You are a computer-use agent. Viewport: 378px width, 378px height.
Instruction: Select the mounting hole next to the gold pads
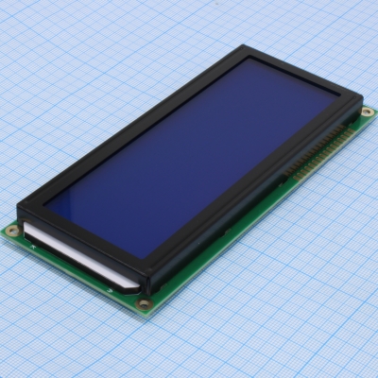(368, 112)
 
